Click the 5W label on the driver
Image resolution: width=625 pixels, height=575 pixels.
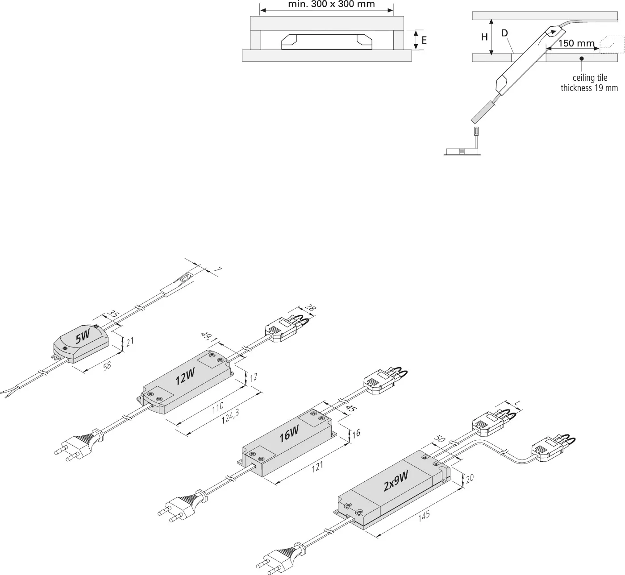(x=83, y=337)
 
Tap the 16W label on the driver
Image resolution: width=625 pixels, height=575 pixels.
(x=289, y=434)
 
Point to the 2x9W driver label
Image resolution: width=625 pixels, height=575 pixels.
(x=396, y=481)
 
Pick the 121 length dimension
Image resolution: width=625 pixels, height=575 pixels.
(x=317, y=466)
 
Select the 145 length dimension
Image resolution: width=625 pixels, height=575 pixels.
(x=424, y=515)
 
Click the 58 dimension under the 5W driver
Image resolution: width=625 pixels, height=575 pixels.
(x=107, y=365)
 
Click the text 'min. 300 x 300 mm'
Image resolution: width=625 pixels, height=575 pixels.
(x=332, y=5)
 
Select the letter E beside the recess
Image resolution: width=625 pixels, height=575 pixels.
(x=424, y=41)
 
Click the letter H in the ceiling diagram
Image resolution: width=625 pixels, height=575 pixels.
(x=484, y=37)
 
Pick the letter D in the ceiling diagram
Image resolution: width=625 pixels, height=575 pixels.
(x=504, y=33)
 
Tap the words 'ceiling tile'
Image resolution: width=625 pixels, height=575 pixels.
(x=590, y=78)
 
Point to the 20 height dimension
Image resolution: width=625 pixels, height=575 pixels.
(x=470, y=479)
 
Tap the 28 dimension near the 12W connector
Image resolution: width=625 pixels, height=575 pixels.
(x=308, y=308)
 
